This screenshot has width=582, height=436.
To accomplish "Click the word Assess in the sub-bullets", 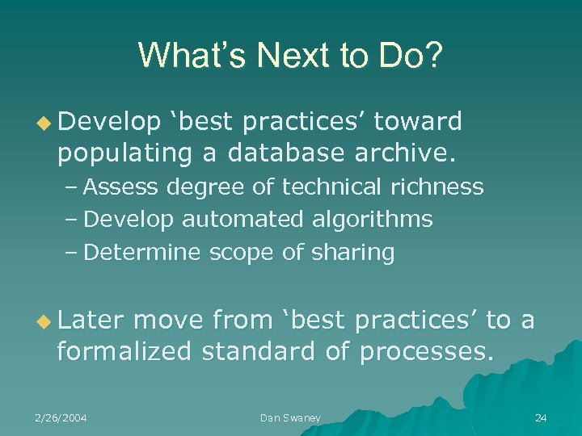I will pyautogui.click(x=123, y=187).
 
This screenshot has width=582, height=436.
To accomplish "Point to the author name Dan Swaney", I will pyautogui.click(x=290, y=417).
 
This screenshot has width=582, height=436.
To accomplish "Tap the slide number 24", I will pyautogui.click(x=541, y=417).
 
